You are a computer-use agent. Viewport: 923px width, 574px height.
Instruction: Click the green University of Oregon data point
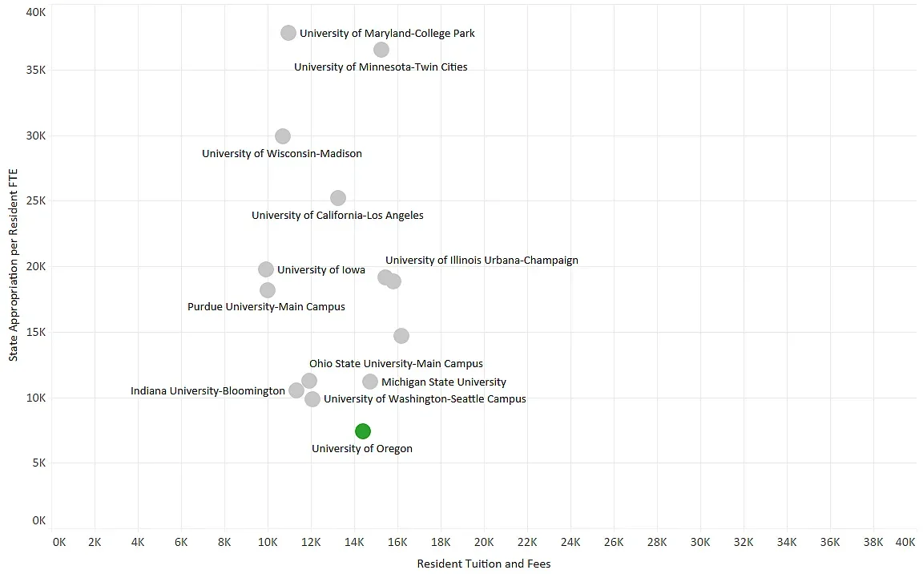[x=363, y=431]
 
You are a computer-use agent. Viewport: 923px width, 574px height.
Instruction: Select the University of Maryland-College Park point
[x=288, y=33]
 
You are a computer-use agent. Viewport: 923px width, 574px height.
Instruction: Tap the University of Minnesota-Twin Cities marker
[x=381, y=50]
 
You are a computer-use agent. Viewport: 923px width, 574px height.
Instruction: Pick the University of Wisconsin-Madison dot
[x=283, y=136]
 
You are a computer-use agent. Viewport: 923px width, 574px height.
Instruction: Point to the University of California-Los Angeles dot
[x=338, y=198]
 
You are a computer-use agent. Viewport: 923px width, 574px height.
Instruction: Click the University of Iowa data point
[x=266, y=269]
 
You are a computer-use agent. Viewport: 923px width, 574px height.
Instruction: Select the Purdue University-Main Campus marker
[x=268, y=290]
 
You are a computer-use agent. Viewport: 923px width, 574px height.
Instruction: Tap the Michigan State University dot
[x=370, y=382]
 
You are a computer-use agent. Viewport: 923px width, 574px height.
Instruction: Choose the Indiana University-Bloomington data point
[x=296, y=390]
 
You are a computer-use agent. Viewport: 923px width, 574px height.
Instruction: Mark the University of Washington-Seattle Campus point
[x=312, y=399]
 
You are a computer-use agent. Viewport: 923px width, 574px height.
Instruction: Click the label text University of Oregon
[x=362, y=449]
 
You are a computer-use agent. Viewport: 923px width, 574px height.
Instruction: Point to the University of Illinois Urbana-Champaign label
[x=482, y=261]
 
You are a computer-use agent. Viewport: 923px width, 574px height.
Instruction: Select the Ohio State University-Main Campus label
[x=396, y=364]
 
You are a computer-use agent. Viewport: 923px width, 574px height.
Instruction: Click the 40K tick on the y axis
[x=35, y=12]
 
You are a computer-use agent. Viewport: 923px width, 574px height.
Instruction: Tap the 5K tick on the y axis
[x=38, y=463]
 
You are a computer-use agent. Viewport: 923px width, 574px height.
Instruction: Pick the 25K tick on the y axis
[x=35, y=201]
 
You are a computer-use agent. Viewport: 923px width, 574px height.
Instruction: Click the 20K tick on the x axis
[x=484, y=543]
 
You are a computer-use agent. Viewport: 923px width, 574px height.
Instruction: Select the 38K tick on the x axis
[x=873, y=543]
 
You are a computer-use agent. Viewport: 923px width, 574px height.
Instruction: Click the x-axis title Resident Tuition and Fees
[x=484, y=564]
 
